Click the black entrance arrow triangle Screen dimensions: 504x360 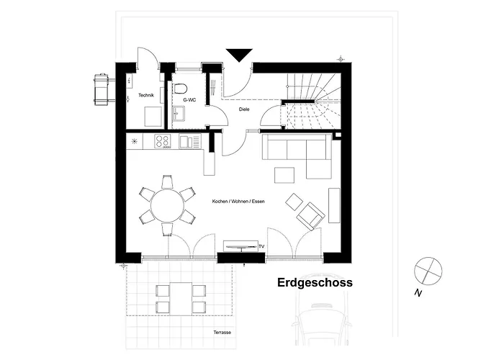(x=239, y=55)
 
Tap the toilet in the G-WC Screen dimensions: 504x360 (x=181, y=89)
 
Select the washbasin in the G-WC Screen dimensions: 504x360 (x=179, y=114)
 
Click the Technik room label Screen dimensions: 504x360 (x=146, y=95)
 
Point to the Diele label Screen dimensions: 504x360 (x=244, y=109)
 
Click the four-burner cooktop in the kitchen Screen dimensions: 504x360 (x=162, y=141)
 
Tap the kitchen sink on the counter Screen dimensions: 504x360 (x=189, y=141)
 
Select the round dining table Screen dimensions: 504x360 (x=168, y=205)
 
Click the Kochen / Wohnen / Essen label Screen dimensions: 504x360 (x=238, y=202)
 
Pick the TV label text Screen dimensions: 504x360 (x=261, y=246)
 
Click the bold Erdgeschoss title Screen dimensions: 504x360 (x=315, y=282)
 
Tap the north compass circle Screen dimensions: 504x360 (x=428, y=271)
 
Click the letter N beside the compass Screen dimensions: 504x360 (x=418, y=293)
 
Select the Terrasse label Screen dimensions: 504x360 (x=222, y=333)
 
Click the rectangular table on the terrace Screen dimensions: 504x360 (x=181, y=299)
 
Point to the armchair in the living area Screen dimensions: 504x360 (x=310, y=216)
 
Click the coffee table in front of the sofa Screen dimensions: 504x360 (x=284, y=175)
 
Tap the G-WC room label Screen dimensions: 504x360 (x=189, y=100)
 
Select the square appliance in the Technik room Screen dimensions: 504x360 (x=153, y=117)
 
